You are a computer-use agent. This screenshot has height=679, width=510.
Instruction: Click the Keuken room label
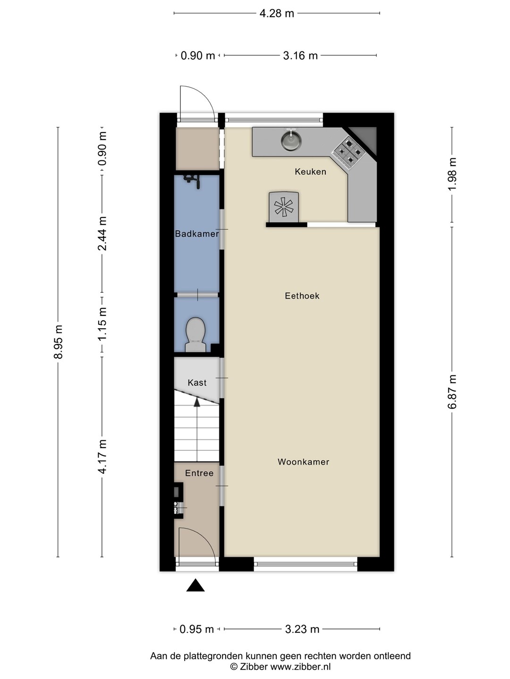(x=310, y=172)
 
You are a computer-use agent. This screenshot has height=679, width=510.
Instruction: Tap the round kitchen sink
(x=291, y=141)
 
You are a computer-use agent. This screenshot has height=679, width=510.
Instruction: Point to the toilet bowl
(x=195, y=334)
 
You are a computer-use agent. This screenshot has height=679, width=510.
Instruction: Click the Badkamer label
(x=197, y=233)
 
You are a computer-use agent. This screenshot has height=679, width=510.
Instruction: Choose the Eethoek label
(x=302, y=296)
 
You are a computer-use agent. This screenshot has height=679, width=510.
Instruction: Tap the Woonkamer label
(x=303, y=462)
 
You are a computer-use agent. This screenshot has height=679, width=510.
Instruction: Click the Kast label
(x=197, y=383)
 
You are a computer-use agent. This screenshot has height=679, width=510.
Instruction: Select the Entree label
(x=199, y=473)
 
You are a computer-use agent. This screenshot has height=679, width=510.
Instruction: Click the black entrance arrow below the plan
(x=195, y=585)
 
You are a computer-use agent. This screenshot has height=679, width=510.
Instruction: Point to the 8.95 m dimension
(x=58, y=341)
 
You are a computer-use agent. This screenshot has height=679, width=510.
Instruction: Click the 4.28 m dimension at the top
(x=277, y=13)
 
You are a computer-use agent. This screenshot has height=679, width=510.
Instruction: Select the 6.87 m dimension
(x=452, y=392)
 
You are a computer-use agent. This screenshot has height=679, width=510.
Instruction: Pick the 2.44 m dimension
(x=102, y=233)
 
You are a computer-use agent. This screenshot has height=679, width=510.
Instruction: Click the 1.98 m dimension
(x=452, y=174)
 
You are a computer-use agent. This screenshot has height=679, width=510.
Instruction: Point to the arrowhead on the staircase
(x=196, y=402)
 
